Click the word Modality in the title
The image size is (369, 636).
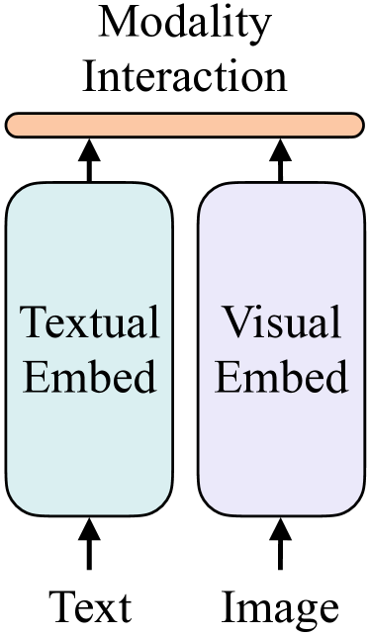click(x=184, y=25)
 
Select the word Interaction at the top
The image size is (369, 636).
click(x=184, y=75)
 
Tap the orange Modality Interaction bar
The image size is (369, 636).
click(x=184, y=125)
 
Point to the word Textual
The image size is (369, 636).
click(x=90, y=323)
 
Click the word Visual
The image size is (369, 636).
click(x=280, y=323)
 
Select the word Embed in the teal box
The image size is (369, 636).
click(x=90, y=377)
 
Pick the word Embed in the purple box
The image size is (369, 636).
click(x=280, y=377)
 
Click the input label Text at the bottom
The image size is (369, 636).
click(x=90, y=605)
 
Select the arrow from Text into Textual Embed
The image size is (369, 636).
click(x=90, y=547)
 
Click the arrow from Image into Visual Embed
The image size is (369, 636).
click(x=281, y=547)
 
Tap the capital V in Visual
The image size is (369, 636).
click(x=234, y=324)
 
